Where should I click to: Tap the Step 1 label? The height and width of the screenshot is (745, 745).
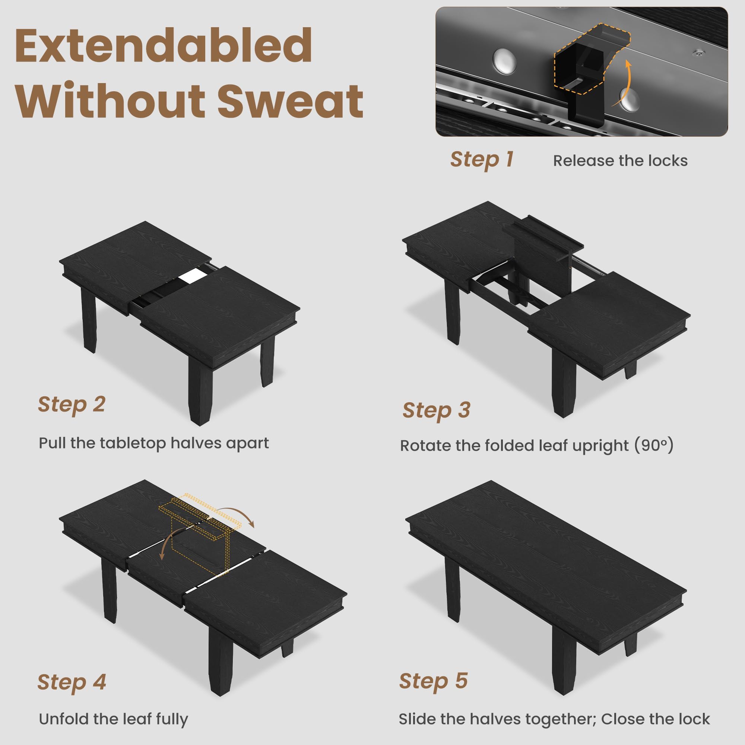tap(482, 160)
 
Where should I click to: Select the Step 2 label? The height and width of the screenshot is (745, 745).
tap(72, 405)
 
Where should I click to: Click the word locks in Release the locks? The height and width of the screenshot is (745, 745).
tap(667, 161)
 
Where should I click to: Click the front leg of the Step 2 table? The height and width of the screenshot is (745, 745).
tap(200, 390)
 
